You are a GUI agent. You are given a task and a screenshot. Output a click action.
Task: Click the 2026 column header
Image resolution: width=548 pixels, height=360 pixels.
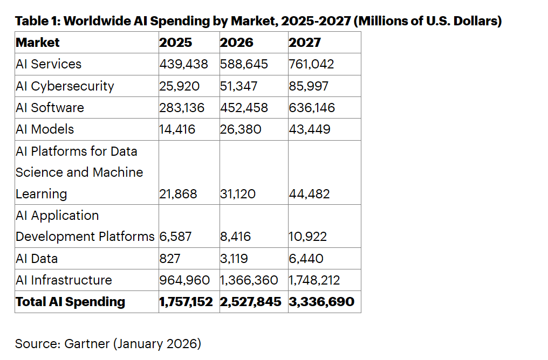237,43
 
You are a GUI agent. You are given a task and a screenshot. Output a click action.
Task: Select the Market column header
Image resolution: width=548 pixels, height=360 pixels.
38,43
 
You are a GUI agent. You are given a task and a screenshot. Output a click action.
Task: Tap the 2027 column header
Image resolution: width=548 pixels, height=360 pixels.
305,43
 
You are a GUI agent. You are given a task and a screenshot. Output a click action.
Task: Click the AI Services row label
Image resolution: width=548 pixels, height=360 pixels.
49,64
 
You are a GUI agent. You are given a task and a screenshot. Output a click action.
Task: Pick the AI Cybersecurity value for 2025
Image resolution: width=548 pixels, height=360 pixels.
179,86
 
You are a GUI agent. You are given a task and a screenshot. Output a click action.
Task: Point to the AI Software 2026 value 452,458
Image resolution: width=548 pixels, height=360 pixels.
244,108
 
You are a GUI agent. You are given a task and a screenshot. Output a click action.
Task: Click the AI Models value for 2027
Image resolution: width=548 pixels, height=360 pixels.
310,129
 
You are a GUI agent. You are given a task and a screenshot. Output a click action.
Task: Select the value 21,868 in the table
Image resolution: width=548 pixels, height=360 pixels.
179,194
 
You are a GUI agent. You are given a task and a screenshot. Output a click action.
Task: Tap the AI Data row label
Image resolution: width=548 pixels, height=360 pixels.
37,259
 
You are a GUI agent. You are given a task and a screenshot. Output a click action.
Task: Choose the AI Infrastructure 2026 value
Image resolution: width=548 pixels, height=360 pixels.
249,280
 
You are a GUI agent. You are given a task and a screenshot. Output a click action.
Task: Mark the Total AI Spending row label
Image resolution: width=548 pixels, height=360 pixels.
70,302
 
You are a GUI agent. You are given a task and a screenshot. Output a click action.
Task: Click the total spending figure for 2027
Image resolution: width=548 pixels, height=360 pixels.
321,302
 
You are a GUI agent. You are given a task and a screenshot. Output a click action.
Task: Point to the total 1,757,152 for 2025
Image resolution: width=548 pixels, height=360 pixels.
186,302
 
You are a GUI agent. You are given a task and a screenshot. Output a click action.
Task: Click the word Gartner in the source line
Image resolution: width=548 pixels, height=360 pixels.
85,344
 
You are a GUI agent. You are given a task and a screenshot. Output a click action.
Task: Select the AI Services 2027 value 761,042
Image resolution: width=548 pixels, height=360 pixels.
311,64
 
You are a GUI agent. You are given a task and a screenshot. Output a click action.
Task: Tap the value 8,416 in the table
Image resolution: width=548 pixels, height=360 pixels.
235,237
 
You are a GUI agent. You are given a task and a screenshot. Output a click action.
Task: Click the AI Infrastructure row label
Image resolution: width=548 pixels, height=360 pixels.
64,280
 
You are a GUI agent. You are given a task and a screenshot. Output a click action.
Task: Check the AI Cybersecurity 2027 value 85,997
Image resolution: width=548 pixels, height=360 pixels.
309,86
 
